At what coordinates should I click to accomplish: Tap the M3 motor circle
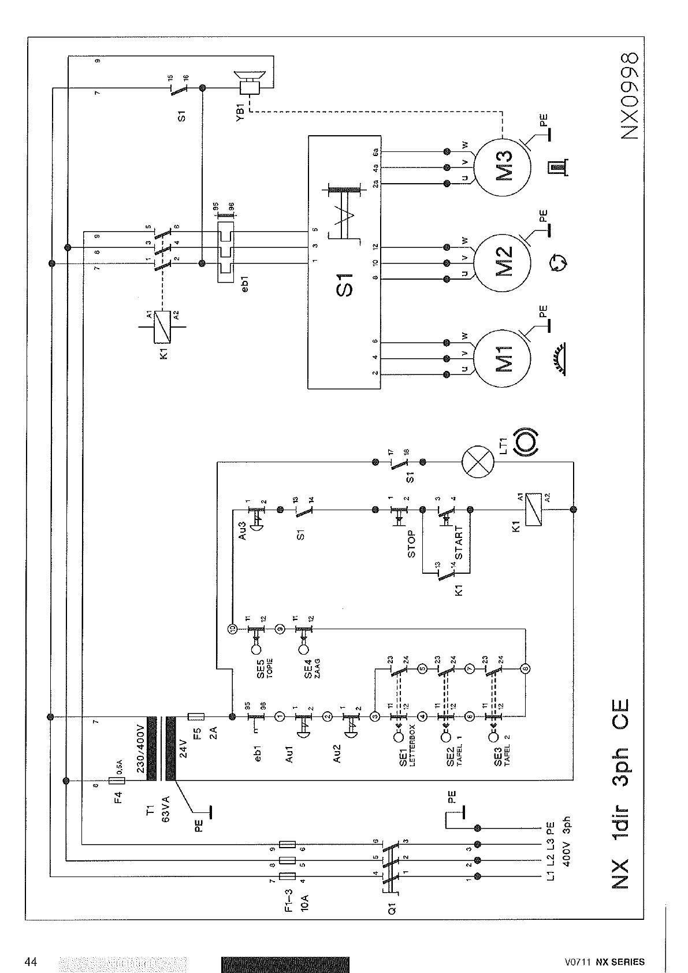pos(501,167)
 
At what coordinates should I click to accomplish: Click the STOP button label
pos(411,544)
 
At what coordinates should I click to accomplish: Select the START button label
pos(459,542)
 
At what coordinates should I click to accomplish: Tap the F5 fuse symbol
pos(196,716)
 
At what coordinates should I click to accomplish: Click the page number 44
pos(32,962)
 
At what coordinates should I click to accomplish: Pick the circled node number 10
pos(231,629)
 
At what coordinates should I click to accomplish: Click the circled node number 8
pos(525,669)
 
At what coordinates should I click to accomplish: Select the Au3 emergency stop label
pos(243,531)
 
